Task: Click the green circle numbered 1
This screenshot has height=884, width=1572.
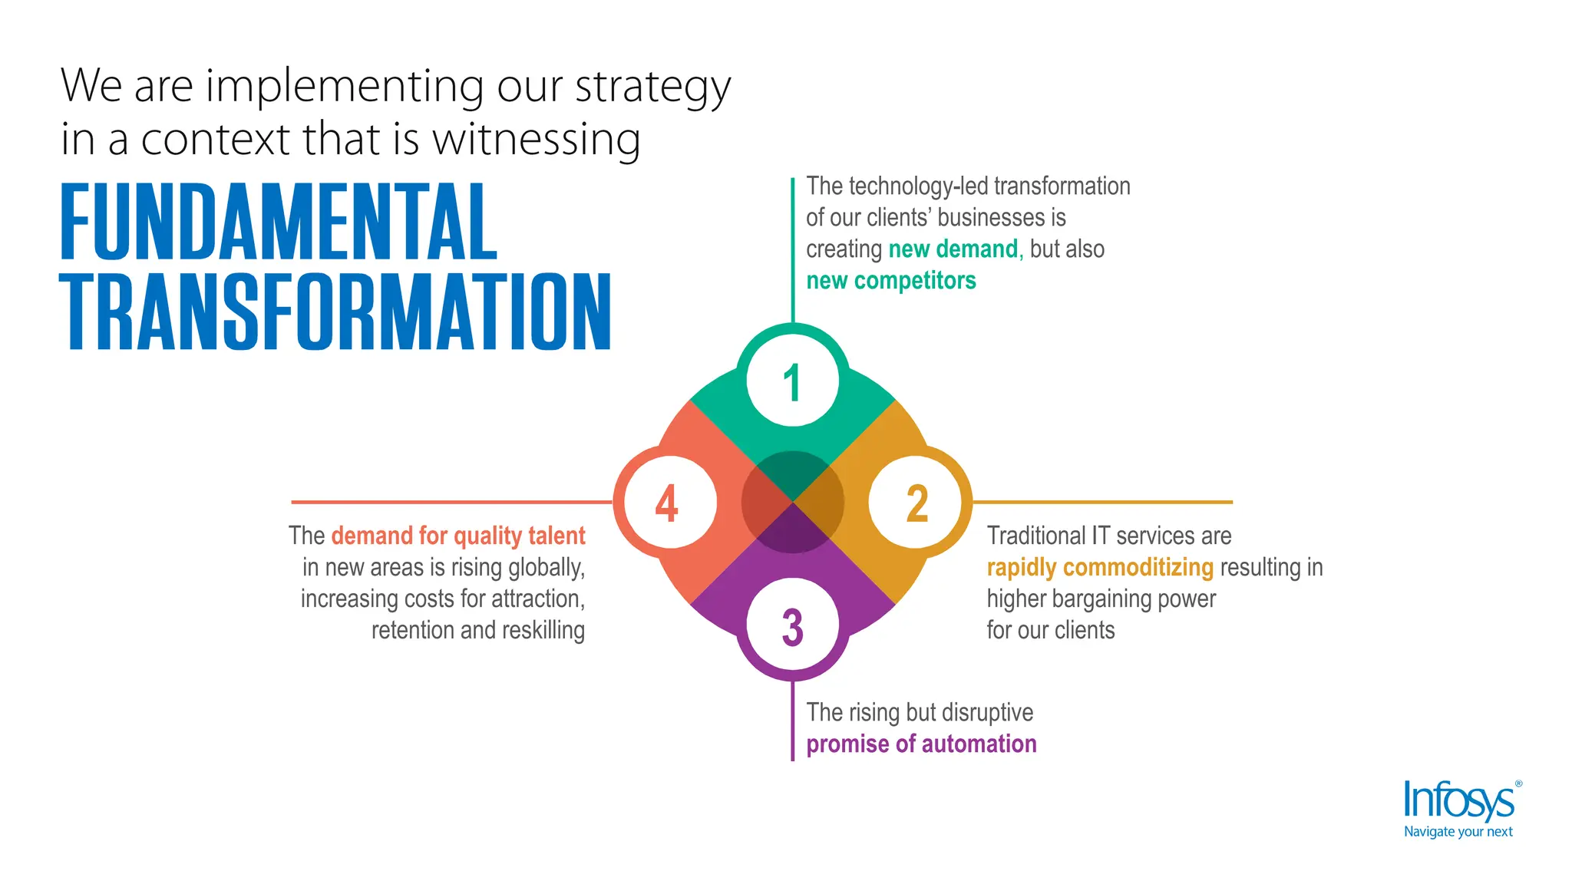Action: click(x=793, y=381)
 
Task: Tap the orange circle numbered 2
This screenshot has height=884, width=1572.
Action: click(x=916, y=503)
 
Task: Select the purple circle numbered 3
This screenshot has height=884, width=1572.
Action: click(x=793, y=625)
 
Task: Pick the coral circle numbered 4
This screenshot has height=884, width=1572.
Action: click(x=669, y=503)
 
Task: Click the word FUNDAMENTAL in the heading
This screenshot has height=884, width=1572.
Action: click(x=279, y=222)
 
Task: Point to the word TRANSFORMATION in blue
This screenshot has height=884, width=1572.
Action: click(x=335, y=312)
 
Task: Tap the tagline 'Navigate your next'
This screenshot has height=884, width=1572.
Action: click(x=1458, y=832)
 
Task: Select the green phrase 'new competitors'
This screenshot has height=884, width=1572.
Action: click(x=890, y=281)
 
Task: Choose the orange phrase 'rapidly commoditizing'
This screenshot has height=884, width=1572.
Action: click(x=1100, y=568)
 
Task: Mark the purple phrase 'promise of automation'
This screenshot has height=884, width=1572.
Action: click(x=921, y=744)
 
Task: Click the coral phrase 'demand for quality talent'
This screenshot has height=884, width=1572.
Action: click(x=458, y=536)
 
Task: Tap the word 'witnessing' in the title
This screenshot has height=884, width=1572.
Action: click(x=536, y=140)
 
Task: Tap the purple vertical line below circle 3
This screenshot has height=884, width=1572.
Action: click(x=793, y=721)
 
